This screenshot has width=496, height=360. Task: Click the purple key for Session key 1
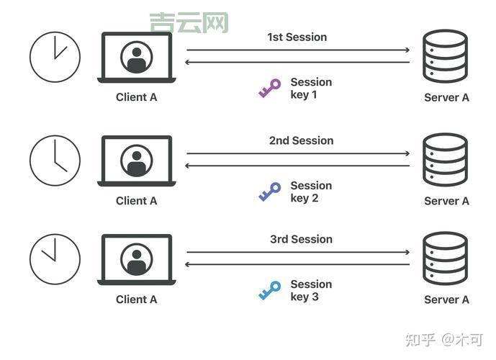(269, 89)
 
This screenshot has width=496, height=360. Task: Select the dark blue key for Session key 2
(269, 192)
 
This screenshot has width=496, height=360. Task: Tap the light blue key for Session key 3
(269, 290)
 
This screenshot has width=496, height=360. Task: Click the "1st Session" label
(297, 37)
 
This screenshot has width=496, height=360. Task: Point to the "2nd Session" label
(301, 140)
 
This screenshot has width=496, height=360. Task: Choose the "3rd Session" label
(301, 239)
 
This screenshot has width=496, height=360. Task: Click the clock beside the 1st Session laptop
(55, 57)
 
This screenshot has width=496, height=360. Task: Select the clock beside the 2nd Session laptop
(55, 160)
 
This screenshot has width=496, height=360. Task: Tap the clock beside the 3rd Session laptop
(55, 258)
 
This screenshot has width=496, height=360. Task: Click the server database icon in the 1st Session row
(446, 57)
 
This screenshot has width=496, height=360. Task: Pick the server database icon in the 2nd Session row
(446, 160)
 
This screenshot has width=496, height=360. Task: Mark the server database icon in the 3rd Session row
(446, 258)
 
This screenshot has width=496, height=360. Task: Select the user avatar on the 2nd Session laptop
(136, 160)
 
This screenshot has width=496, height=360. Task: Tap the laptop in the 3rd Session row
(136, 259)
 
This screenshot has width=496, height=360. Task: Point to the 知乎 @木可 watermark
(444, 338)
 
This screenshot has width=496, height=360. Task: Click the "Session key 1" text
(310, 89)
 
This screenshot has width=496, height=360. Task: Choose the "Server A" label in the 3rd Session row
(446, 300)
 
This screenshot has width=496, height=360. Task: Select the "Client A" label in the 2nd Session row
(136, 201)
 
